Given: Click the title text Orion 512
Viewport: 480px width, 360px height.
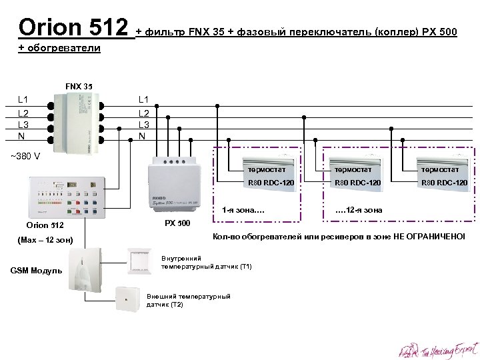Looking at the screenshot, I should (x=73, y=28).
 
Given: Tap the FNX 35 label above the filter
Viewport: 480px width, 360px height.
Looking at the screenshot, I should (x=79, y=86).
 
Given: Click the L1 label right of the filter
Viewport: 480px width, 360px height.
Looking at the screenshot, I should (x=144, y=99).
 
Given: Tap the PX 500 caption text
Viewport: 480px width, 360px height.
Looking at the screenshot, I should (x=177, y=222).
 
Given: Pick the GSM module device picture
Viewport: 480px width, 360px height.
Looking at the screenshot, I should (x=85, y=270).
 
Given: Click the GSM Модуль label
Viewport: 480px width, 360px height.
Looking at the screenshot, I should (x=36, y=270).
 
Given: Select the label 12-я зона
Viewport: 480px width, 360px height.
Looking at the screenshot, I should (x=360, y=211).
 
